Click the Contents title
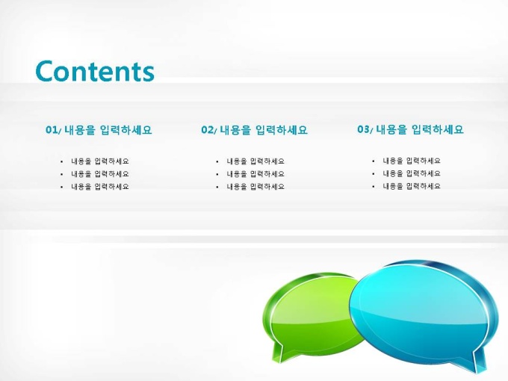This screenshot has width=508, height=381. pyautogui.click(x=95, y=71)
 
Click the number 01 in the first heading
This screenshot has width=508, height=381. pyautogui.click(x=52, y=130)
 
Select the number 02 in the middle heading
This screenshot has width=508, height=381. pyautogui.click(x=208, y=130)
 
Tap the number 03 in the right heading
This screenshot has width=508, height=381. pyautogui.click(x=363, y=129)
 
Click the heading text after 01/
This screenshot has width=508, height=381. pyautogui.click(x=108, y=130)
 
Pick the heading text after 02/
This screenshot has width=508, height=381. pyautogui.click(x=264, y=130)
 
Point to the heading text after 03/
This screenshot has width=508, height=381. pyautogui.click(x=420, y=129)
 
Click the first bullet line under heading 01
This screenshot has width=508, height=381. pyautogui.click(x=100, y=161)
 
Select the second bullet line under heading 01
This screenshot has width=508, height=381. pyautogui.click(x=100, y=174)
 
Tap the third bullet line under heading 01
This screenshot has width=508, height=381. pyautogui.click(x=100, y=187)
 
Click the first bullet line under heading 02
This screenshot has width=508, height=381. pyautogui.click(x=255, y=161)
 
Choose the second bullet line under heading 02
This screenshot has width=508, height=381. pyautogui.click(x=255, y=174)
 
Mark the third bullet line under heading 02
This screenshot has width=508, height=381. pyautogui.click(x=255, y=187)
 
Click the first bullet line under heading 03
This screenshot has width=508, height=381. pyautogui.click(x=412, y=161)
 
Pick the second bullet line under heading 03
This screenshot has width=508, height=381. pyautogui.click(x=412, y=173)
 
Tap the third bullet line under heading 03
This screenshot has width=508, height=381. pyautogui.click(x=412, y=186)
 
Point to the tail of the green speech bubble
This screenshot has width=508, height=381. pyautogui.click(x=279, y=352)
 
